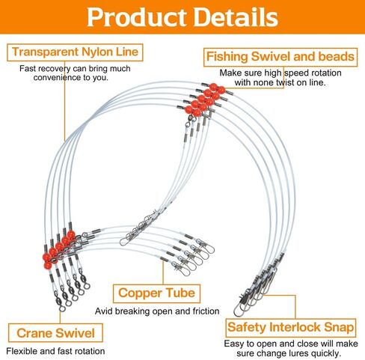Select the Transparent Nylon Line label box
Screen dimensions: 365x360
pos(75,52)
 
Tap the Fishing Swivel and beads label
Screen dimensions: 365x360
pos(280,57)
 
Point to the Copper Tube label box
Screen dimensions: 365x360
pos(156,293)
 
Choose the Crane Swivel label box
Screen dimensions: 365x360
pos(55,333)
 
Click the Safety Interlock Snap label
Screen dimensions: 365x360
pos(290,328)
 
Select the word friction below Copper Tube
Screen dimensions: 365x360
pos(206,311)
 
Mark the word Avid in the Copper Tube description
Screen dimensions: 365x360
pos(104,311)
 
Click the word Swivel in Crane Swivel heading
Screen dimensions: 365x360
pos(75,333)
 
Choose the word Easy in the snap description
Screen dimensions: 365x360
pos(234,344)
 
